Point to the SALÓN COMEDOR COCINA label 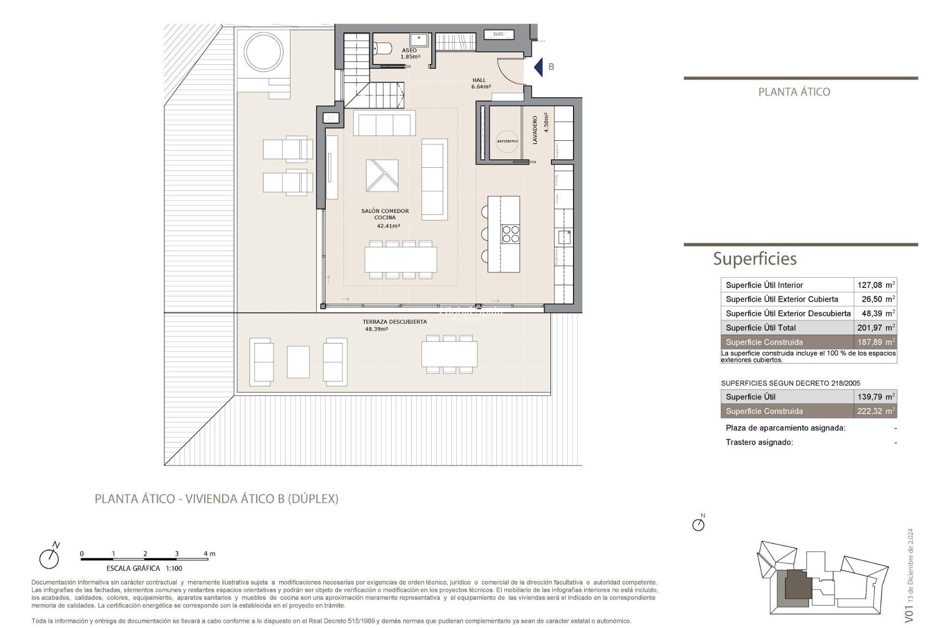(385, 214)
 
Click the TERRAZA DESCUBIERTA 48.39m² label (394, 325)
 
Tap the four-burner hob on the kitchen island (510, 234)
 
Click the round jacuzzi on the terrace (264, 52)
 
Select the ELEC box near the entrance (498, 34)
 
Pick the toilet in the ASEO (383, 48)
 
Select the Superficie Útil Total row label (760, 328)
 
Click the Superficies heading (755, 259)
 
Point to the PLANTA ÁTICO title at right (794, 92)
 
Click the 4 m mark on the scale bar (209, 554)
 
